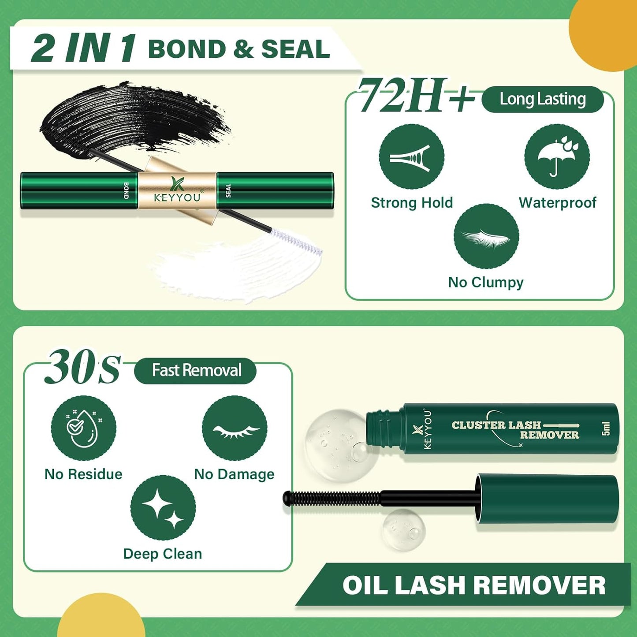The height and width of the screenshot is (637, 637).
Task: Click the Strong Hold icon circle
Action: [411, 157]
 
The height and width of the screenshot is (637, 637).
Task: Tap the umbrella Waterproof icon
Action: [557, 157]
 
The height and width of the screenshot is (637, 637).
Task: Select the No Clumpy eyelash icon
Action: [486, 236]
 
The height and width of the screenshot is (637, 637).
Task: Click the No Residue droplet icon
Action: [83, 428]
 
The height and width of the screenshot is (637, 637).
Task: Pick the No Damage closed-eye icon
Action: [235, 428]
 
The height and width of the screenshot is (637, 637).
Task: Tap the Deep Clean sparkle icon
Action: [163, 508]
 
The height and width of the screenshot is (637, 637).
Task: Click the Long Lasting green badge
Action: [542, 100]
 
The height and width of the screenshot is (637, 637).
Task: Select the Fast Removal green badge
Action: [195, 371]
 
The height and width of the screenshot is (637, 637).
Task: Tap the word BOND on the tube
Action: [126, 190]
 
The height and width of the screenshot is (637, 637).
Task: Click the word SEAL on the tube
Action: [228, 190]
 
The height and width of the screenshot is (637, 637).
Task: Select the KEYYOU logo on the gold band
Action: [177, 190]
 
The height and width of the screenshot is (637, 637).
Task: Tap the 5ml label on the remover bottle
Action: [606, 428]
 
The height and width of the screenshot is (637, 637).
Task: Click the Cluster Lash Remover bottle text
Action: [515, 430]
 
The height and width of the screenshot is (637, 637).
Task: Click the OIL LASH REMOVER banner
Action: [474, 585]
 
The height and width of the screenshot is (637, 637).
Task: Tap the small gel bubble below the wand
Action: [403, 529]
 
